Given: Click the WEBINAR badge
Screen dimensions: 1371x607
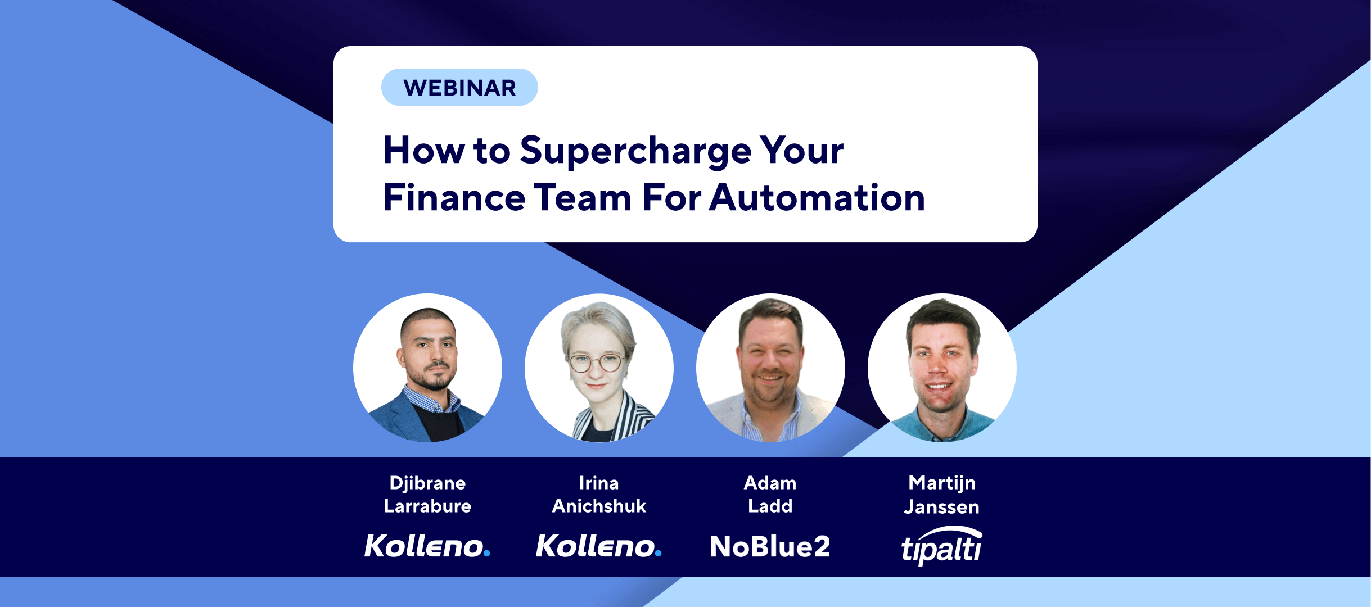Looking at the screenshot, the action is click(x=459, y=87).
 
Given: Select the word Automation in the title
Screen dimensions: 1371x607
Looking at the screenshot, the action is click(x=817, y=198).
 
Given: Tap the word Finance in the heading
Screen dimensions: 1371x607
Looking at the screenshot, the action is click(x=454, y=198).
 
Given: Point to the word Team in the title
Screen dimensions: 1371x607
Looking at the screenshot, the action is click(x=583, y=198).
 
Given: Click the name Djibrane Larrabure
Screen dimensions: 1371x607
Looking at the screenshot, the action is click(x=427, y=495).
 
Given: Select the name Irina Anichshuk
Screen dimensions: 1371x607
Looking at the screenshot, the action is click(x=599, y=495).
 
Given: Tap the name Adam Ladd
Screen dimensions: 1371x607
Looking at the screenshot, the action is click(x=770, y=495).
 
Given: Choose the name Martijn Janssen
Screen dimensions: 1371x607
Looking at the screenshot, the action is click(x=942, y=495).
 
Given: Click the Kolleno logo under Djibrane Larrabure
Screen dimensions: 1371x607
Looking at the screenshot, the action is click(x=427, y=546).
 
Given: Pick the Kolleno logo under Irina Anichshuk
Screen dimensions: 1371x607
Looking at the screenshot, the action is click(x=599, y=546).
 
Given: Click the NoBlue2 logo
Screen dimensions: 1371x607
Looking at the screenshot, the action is click(x=770, y=546).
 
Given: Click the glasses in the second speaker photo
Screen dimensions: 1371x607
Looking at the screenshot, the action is click(x=596, y=363).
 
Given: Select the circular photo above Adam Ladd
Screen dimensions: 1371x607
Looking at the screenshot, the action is click(x=770, y=368).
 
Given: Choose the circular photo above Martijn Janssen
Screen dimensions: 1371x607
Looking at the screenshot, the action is click(x=942, y=368).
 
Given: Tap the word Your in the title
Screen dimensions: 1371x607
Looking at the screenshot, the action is click(x=802, y=151).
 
